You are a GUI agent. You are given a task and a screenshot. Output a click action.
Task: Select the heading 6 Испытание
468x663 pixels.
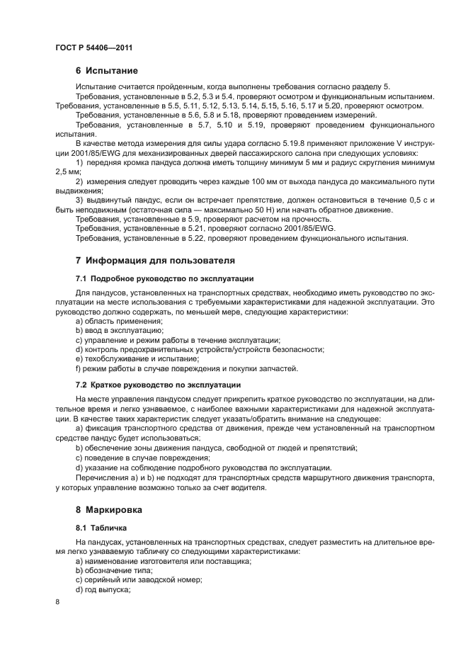[106, 71]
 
